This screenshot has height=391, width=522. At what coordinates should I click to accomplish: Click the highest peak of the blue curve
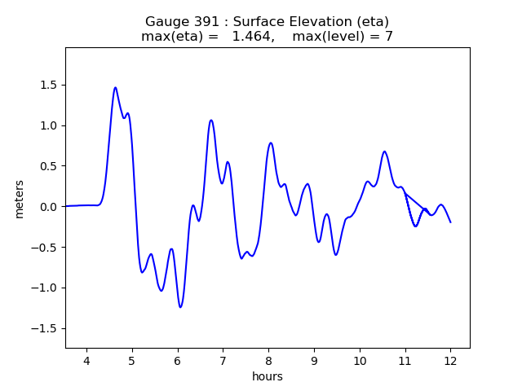(x=115, y=87)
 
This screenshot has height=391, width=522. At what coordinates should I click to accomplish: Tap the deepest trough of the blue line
(x=180, y=307)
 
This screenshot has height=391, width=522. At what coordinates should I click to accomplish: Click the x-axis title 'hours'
(x=268, y=377)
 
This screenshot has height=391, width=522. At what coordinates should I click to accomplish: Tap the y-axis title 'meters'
(x=19, y=199)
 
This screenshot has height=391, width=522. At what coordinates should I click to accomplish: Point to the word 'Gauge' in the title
(x=165, y=22)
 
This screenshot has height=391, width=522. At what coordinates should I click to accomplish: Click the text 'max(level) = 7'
(x=343, y=37)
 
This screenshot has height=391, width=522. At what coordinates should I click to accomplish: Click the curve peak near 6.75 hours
(x=211, y=121)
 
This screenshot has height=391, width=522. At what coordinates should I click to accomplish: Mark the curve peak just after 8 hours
(x=271, y=143)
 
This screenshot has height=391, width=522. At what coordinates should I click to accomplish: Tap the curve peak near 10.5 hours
(x=384, y=152)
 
